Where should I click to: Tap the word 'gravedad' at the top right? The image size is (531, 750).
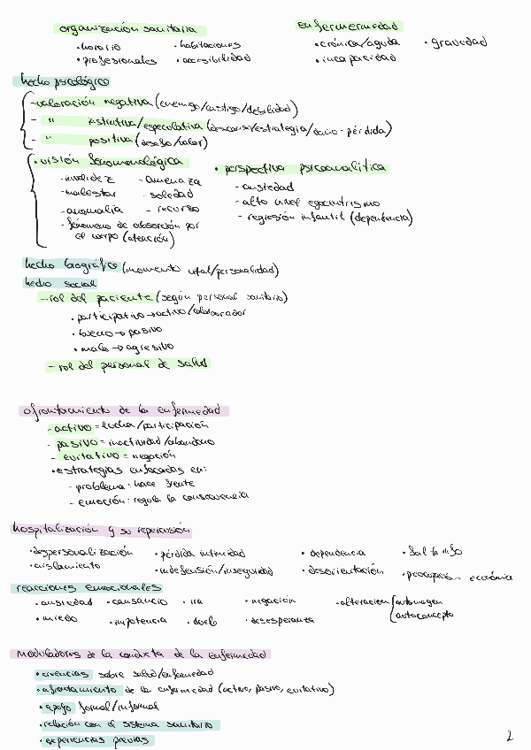[458, 42]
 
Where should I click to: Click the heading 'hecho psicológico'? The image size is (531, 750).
[61, 80]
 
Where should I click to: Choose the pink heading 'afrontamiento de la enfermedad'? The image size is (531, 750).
[123, 410]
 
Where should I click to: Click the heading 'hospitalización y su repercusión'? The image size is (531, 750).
[101, 531]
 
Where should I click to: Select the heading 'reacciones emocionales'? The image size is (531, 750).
[87, 587]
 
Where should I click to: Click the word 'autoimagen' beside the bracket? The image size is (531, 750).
[425, 601]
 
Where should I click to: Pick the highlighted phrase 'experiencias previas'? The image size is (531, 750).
[96, 740]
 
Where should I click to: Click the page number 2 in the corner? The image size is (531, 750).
[510, 735]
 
